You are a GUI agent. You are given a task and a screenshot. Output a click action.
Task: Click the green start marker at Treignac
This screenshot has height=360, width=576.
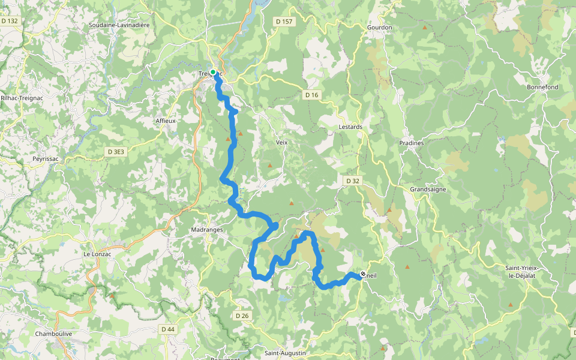(213, 72)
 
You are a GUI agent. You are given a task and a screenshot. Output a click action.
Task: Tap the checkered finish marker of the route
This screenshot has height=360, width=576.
(362, 275)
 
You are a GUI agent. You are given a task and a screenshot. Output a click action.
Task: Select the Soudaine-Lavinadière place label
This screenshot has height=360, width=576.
(119, 25)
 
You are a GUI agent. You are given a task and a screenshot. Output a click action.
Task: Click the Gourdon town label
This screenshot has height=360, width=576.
(379, 28)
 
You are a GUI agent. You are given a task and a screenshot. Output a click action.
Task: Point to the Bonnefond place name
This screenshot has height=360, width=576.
(542, 87)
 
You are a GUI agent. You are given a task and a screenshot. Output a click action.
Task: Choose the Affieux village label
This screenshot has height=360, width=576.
(166, 121)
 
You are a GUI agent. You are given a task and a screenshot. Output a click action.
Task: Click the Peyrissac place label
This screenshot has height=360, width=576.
(46, 159)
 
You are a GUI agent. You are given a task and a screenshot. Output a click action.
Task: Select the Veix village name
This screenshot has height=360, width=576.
(282, 143)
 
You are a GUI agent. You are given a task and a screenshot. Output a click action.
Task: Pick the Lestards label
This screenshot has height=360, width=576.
(350, 127)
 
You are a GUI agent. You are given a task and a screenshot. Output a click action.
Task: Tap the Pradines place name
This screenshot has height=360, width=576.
(412, 143)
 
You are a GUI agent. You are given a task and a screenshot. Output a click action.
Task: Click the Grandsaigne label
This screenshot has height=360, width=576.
(428, 189)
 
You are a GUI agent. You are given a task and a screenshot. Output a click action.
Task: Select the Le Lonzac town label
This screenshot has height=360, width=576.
(97, 254)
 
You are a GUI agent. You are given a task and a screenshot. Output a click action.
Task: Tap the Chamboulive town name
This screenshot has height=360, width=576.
(54, 334)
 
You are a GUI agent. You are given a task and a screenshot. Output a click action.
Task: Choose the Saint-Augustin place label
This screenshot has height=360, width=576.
(286, 353)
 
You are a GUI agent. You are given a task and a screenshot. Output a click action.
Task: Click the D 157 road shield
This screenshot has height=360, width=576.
(284, 22)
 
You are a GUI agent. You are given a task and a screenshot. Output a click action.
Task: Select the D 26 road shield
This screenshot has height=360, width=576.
(242, 316)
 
